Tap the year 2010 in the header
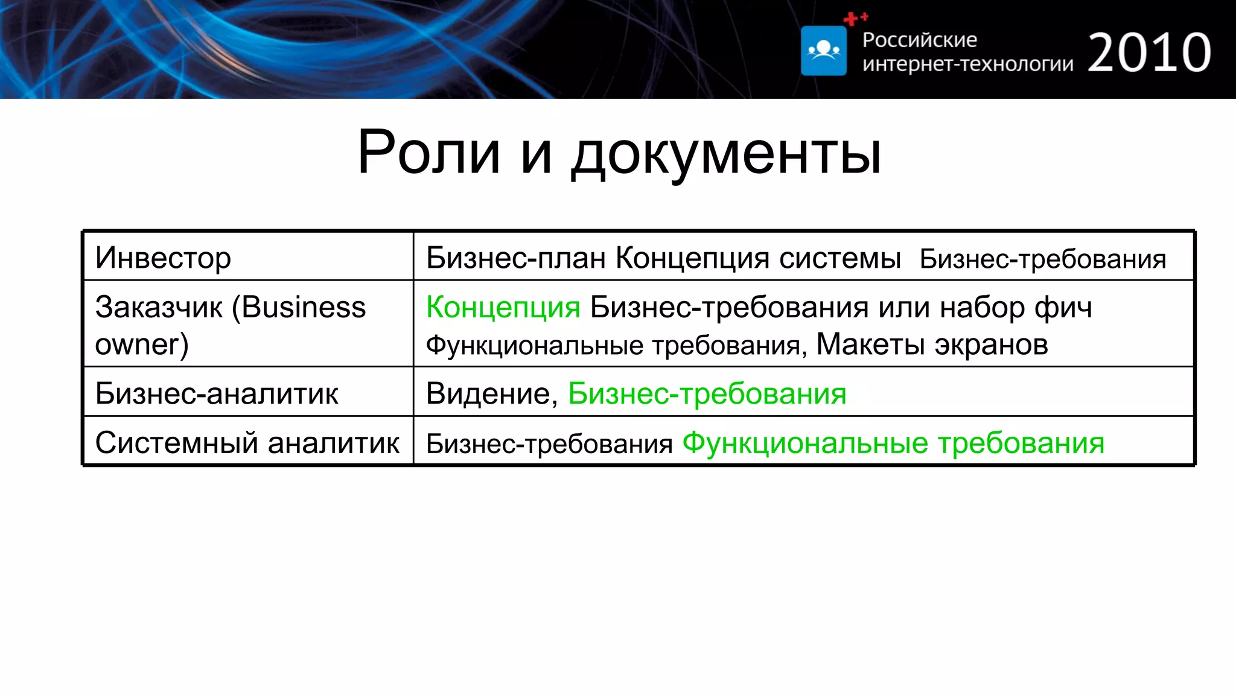pyautogui.click(x=1149, y=53)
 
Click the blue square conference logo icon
pyautogui.click(x=823, y=51)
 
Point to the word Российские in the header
pyautogui.click(x=919, y=40)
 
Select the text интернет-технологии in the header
pyautogui.click(x=967, y=63)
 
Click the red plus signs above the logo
pyautogui.click(x=855, y=19)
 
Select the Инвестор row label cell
pyautogui.click(x=163, y=258)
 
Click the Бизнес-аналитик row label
pyautogui.click(x=217, y=393)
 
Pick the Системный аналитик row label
pyautogui.click(x=247, y=443)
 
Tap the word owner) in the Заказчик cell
pyautogui.click(x=142, y=344)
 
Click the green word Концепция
pyautogui.click(x=503, y=307)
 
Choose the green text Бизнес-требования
pyautogui.click(x=707, y=393)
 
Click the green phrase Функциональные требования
pyautogui.click(x=893, y=443)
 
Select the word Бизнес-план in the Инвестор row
pyautogui.click(x=515, y=258)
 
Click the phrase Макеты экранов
pyautogui.click(x=932, y=344)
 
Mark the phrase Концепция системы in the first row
pyautogui.click(x=758, y=258)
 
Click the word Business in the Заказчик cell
pyautogui.click(x=304, y=307)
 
